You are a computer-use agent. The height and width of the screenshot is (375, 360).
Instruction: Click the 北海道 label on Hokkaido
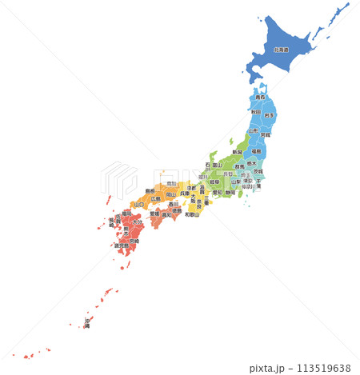click(x=281, y=50)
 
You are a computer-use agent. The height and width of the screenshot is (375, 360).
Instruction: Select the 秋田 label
click(x=254, y=112)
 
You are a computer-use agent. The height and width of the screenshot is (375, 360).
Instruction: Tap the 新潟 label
click(x=237, y=151)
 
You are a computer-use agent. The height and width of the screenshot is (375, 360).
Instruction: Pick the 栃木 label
click(x=252, y=163)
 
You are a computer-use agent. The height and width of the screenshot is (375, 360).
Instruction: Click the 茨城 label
click(x=258, y=172)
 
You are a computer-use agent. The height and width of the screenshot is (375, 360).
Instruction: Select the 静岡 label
click(x=230, y=193)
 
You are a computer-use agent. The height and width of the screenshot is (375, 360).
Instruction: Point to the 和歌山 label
click(x=191, y=214)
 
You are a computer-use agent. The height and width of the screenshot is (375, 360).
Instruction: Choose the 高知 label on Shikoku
click(x=167, y=215)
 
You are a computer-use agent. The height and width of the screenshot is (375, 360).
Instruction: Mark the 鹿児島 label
click(x=121, y=245)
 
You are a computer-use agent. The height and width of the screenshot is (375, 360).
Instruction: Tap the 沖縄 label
click(x=87, y=324)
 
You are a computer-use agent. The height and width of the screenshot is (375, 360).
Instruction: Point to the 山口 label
click(x=138, y=204)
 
